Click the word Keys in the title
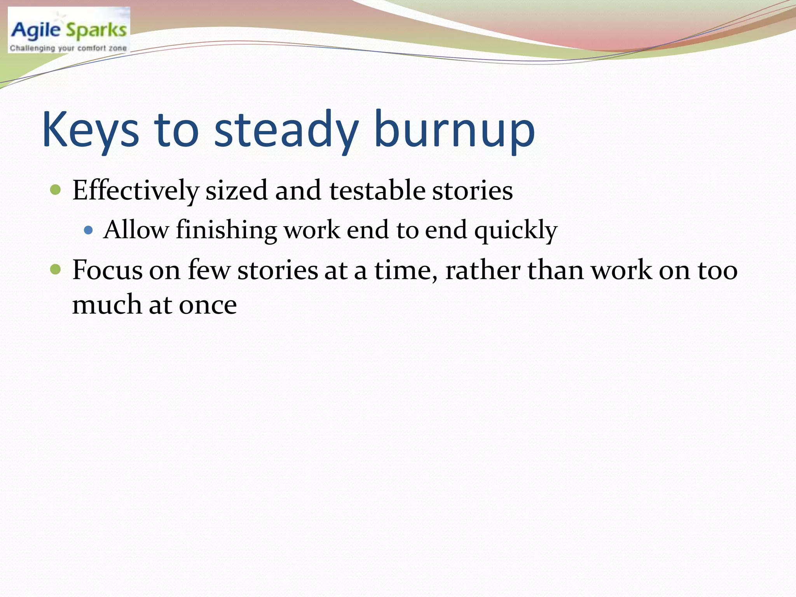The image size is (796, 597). [x=90, y=130]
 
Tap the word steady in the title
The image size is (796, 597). [x=286, y=130]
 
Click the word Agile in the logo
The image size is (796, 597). [x=36, y=30]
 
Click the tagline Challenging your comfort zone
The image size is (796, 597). [x=68, y=48]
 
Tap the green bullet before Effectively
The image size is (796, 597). [x=56, y=190]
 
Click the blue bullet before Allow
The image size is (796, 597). [x=89, y=230]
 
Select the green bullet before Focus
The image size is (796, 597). [x=56, y=269]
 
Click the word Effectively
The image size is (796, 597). [x=135, y=191]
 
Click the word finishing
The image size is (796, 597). [x=226, y=230]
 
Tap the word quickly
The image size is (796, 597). [x=516, y=230]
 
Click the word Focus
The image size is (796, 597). [x=107, y=270]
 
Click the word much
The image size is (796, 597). [x=107, y=304]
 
